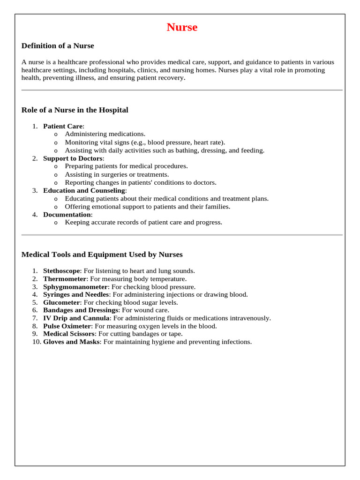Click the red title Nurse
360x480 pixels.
[182, 27]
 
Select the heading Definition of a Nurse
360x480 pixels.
[58, 46]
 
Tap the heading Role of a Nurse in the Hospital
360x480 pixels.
[75, 110]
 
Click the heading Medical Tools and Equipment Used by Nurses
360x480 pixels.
[102, 255]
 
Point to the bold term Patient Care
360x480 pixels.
[63, 126]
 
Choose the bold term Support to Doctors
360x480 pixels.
[73, 158]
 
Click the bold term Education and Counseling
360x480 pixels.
[84, 190]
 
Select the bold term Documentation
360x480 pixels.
[67, 214]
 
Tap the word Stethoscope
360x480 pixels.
[62, 271]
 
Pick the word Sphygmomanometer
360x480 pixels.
[75, 287]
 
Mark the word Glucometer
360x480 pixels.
[62, 302]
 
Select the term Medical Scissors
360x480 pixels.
[69, 334]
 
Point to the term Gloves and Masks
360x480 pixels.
[71, 342]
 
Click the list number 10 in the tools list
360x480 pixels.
[36, 342]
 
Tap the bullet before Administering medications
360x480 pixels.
[56, 135]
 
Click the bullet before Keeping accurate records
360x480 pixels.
[56, 223]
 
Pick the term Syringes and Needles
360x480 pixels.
[76, 294]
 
